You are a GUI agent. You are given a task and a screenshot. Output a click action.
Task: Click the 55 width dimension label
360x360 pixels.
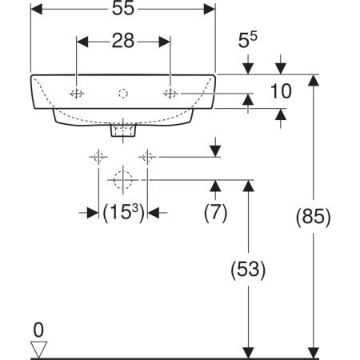point(123,8)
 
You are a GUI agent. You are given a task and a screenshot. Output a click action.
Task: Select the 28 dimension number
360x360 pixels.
point(123,41)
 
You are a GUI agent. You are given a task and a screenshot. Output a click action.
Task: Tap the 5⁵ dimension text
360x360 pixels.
point(247,40)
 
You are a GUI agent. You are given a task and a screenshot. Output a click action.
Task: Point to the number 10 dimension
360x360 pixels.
point(281,91)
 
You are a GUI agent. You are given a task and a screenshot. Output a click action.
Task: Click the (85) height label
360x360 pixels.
point(313,217)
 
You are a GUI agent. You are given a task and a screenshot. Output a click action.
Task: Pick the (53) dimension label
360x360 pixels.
point(248,270)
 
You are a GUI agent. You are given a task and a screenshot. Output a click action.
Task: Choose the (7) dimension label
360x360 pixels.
point(215,213)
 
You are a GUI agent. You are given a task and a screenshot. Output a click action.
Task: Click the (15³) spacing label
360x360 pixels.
point(123,213)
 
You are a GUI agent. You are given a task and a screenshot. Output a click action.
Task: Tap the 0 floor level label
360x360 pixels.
point(38,330)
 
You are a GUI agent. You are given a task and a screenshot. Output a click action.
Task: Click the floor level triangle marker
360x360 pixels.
point(38,349)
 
